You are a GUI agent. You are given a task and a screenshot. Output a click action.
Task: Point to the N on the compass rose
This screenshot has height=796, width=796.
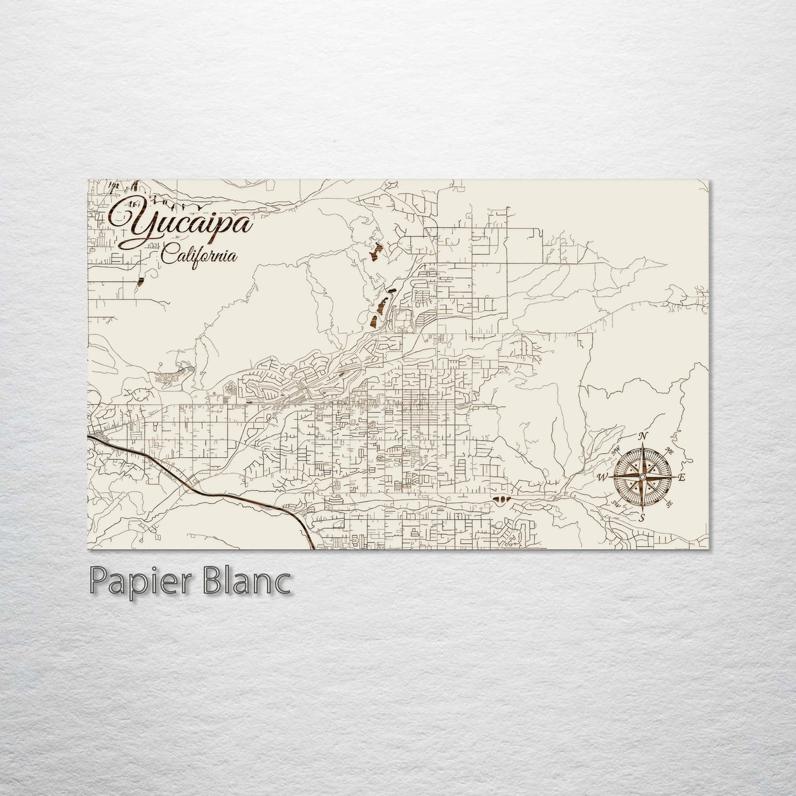(x=642, y=437)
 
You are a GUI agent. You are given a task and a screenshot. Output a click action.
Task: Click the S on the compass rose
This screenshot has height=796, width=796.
(x=642, y=517)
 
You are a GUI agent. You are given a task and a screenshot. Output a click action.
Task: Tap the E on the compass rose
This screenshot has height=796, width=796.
(x=681, y=477)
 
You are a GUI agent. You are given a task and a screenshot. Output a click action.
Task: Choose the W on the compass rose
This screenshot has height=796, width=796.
(x=603, y=477)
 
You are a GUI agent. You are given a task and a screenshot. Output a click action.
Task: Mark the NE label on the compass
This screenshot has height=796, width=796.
(x=669, y=450)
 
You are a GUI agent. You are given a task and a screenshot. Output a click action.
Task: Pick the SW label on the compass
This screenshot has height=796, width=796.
(x=616, y=504)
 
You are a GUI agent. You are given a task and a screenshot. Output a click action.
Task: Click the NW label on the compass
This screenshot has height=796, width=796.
(x=616, y=450)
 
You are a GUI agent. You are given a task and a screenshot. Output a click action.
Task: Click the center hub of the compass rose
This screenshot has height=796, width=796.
(x=642, y=477)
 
